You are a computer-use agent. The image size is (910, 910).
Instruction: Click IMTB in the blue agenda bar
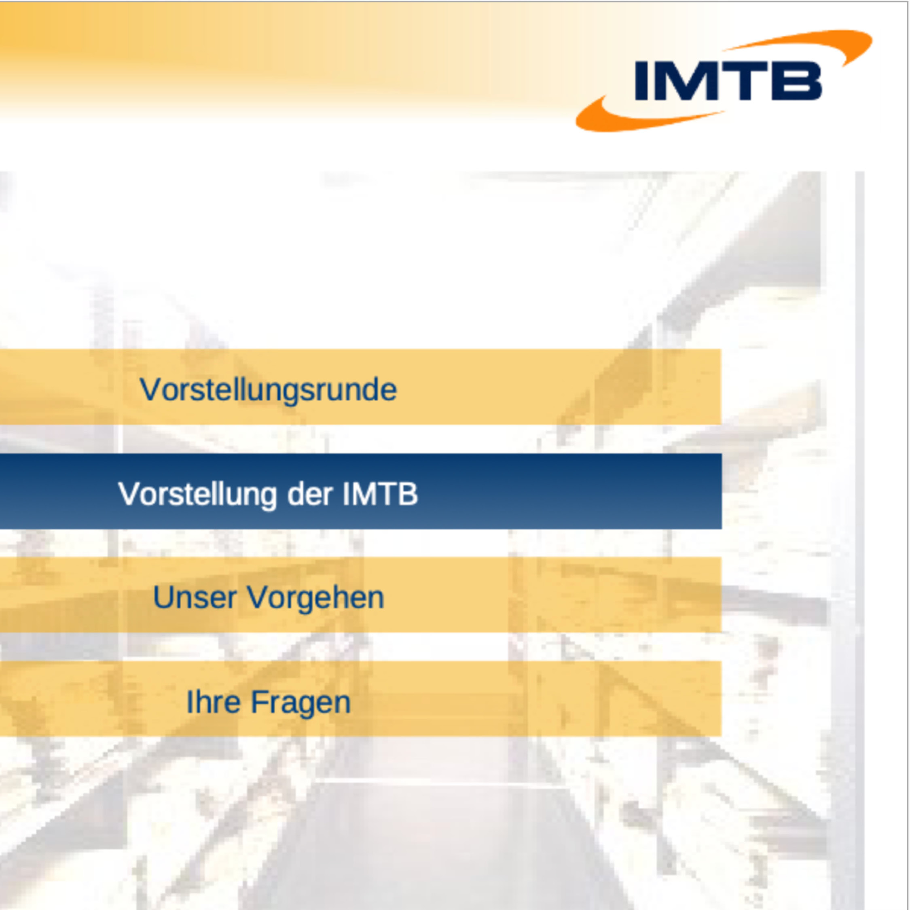[x=380, y=494]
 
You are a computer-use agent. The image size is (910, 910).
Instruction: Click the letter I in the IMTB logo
[x=641, y=81]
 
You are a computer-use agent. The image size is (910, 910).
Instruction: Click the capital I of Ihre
[x=189, y=702]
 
